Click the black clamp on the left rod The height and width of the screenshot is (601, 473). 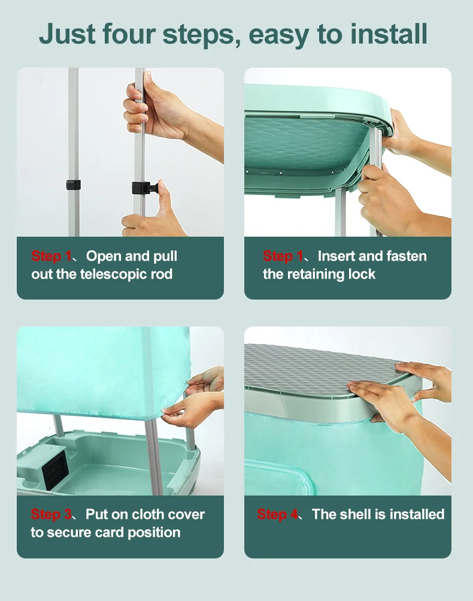coord(73,185)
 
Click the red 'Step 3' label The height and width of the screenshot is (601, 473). coord(51,514)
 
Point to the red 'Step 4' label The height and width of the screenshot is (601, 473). coord(278,514)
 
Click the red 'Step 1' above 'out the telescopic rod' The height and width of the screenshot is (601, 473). coord(51,256)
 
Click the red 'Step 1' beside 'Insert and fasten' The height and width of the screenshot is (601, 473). coord(283,256)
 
